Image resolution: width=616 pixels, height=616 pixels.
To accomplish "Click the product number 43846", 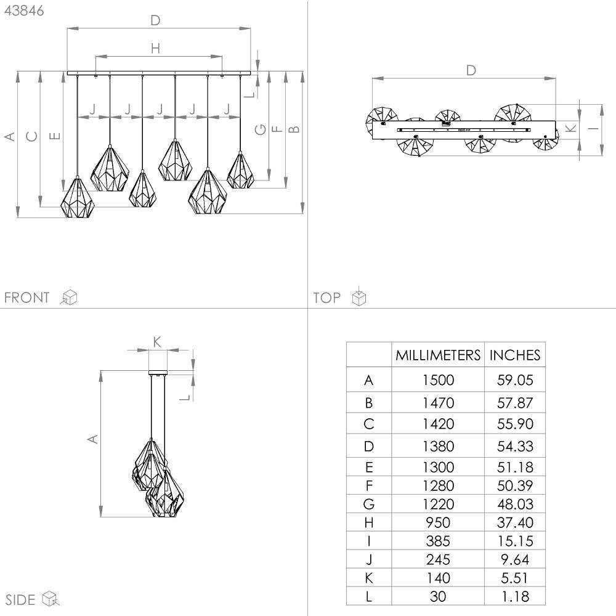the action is pos(24,10).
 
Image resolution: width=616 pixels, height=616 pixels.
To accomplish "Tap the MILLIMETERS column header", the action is pos(437,355).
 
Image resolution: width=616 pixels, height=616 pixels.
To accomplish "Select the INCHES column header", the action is pos(514,355).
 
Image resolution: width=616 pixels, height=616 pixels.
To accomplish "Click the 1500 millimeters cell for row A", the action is pos(438,380).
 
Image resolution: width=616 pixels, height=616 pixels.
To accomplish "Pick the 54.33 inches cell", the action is pos(515,446).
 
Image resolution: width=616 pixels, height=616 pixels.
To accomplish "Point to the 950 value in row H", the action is pos(438,522).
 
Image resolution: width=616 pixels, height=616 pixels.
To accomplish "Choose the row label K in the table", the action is pos(368,578).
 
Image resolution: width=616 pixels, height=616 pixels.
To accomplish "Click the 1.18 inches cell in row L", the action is pos(516,596).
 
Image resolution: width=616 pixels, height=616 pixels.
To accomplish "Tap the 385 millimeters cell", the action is pos(438,541).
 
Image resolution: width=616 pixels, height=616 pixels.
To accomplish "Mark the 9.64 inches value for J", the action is pos(515,559).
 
